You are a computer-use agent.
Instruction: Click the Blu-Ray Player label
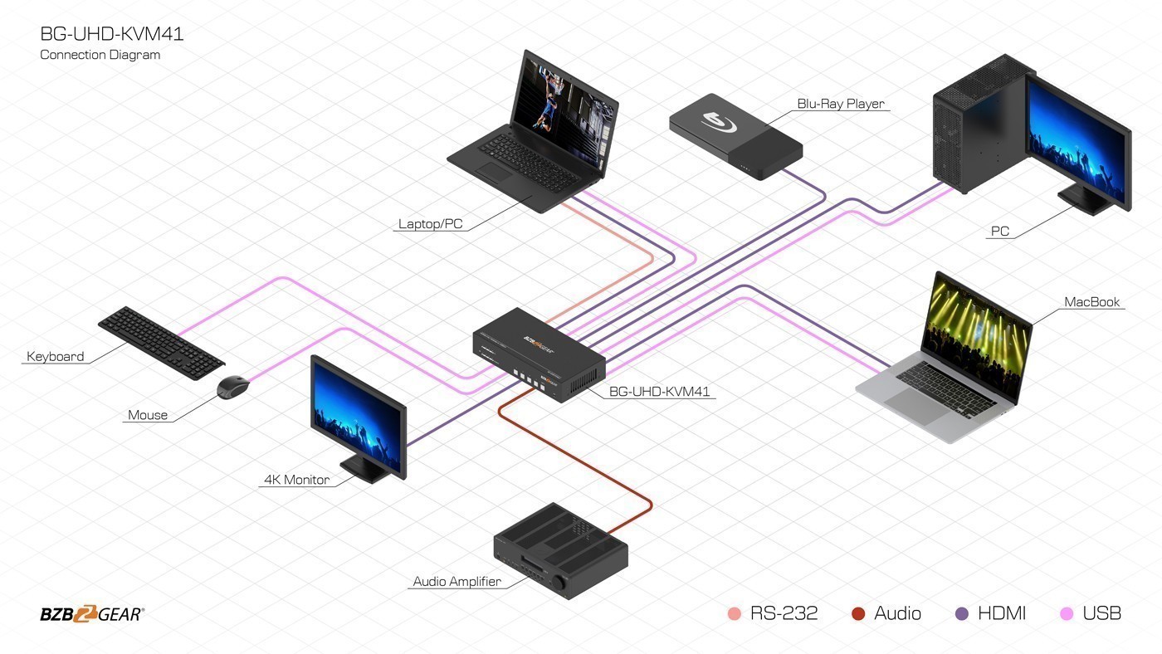tap(841, 104)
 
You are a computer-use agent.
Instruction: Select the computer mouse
tap(233, 387)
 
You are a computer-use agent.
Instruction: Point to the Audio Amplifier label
tap(456, 582)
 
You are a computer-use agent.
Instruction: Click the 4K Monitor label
tap(296, 480)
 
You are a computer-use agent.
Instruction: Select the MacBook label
tap(1092, 302)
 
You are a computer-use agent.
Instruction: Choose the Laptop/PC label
tap(430, 224)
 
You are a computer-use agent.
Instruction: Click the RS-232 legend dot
tap(734, 614)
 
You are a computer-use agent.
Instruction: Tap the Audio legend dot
tap(858, 614)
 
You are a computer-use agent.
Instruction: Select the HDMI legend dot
tap(962, 614)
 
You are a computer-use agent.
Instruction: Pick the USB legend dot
tap(1067, 614)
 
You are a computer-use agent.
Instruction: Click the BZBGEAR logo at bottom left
tap(92, 614)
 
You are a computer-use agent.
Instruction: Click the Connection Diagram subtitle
tap(100, 55)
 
